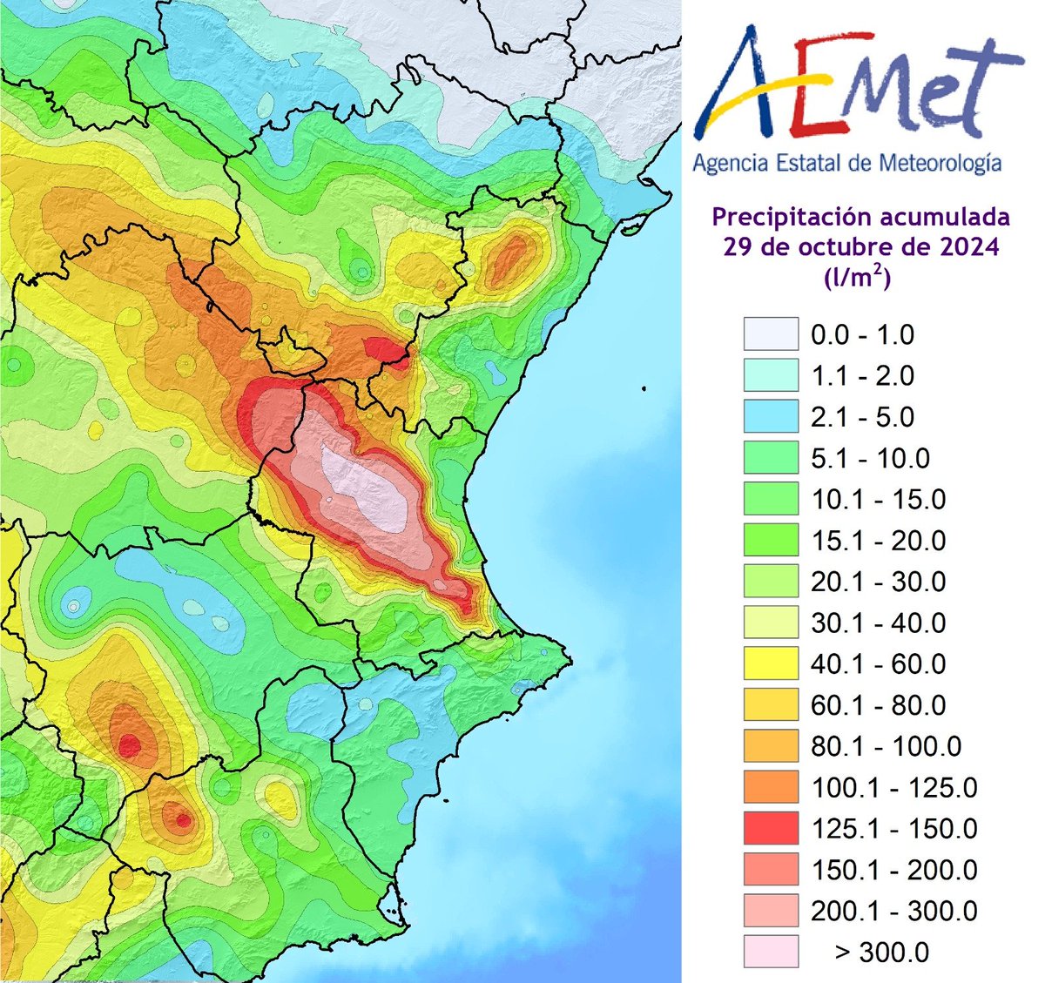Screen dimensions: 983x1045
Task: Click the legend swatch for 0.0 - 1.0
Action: tap(771, 335)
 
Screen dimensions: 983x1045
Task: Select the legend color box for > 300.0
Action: tap(771, 952)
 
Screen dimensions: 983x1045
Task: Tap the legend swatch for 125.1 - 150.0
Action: tap(771, 828)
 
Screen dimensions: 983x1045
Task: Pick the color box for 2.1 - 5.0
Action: tap(771, 417)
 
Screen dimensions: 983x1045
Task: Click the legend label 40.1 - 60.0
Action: tap(878, 664)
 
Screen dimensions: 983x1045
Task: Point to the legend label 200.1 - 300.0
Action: tap(893, 911)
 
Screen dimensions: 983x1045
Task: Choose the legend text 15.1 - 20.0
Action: tap(878, 541)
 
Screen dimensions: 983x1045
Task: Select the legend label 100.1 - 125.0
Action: tap(893, 788)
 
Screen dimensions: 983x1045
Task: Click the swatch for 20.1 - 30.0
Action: tap(771, 582)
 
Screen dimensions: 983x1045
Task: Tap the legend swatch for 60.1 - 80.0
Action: tap(771, 705)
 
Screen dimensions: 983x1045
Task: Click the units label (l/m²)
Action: tap(857, 278)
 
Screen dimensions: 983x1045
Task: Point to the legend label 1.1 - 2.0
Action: tap(862, 376)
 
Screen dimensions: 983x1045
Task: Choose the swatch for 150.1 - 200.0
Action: tap(771, 869)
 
